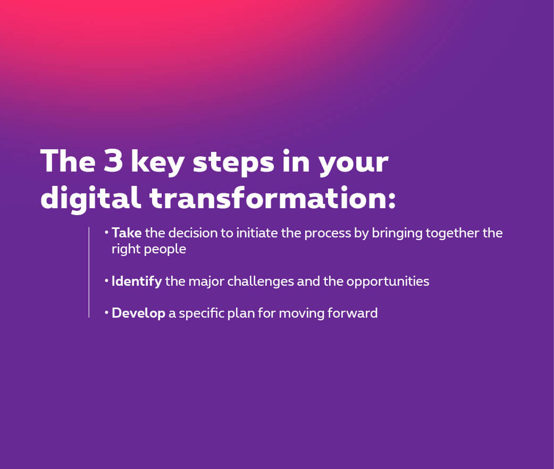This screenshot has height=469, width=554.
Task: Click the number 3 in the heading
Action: click(x=113, y=160)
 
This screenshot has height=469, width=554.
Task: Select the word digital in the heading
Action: click(x=91, y=198)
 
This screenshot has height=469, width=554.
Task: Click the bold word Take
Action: click(x=127, y=233)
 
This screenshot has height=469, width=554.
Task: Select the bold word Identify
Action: click(x=137, y=282)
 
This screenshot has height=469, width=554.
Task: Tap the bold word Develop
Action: click(x=138, y=313)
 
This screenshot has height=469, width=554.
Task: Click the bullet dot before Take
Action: click(x=106, y=233)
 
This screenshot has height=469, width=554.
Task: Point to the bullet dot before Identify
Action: click(x=106, y=281)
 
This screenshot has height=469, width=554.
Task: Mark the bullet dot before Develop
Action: click(x=106, y=313)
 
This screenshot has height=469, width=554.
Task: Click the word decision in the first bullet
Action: click(x=192, y=233)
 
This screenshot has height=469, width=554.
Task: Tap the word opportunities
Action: click(x=388, y=282)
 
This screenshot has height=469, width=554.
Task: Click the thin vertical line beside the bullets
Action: click(x=89, y=272)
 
